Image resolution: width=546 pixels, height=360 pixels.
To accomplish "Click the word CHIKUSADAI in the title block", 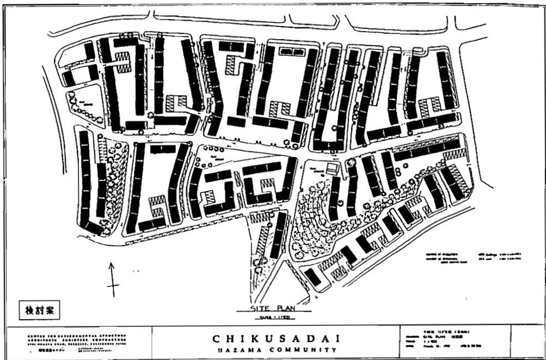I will (x=273, y=339).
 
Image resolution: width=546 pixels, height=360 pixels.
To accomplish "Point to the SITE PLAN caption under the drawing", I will (x=273, y=307).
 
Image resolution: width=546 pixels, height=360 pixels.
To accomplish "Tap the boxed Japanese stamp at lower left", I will (x=38, y=311).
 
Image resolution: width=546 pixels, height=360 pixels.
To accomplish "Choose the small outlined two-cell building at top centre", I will (x=293, y=52).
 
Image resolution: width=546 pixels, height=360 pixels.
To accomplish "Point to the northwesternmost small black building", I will (x=89, y=51).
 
